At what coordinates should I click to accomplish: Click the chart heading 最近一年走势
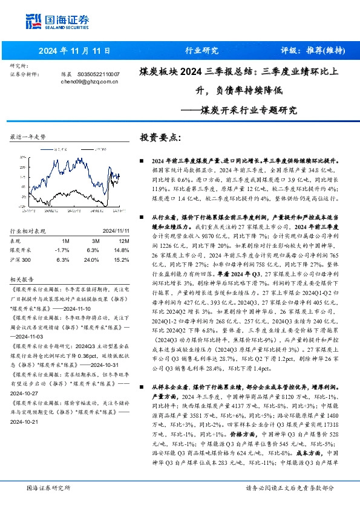pos(28,137)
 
